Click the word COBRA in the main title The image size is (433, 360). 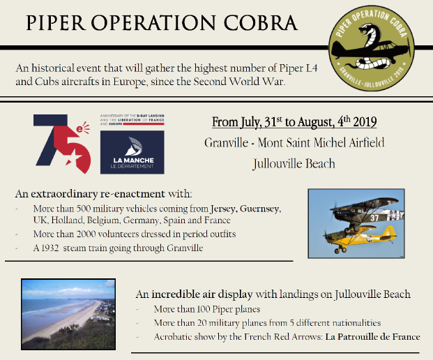pyautogui.click(x=260, y=22)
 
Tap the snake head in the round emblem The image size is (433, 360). pyautogui.click(x=367, y=29)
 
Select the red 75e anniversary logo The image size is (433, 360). pyautogui.click(x=62, y=144)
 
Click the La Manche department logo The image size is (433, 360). pyautogui.click(x=132, y=152)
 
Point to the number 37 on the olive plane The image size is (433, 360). pyautogui.click(x=374, y=218)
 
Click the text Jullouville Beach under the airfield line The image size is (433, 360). pyautogui.click(x=294, y=163)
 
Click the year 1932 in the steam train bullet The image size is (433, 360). pyautogui.click(x=50, y=248)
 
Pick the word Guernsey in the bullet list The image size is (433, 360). pyautogui.click(x=260, y=209)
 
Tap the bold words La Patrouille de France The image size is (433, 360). pyautogui.click(x=373, y=337)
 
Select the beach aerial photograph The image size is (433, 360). pyautogui.click(x=68, y=315)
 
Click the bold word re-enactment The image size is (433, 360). pyautogui.click(x=132, y=194)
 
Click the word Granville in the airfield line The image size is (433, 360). pyautogui.click(x=227, y=143)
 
